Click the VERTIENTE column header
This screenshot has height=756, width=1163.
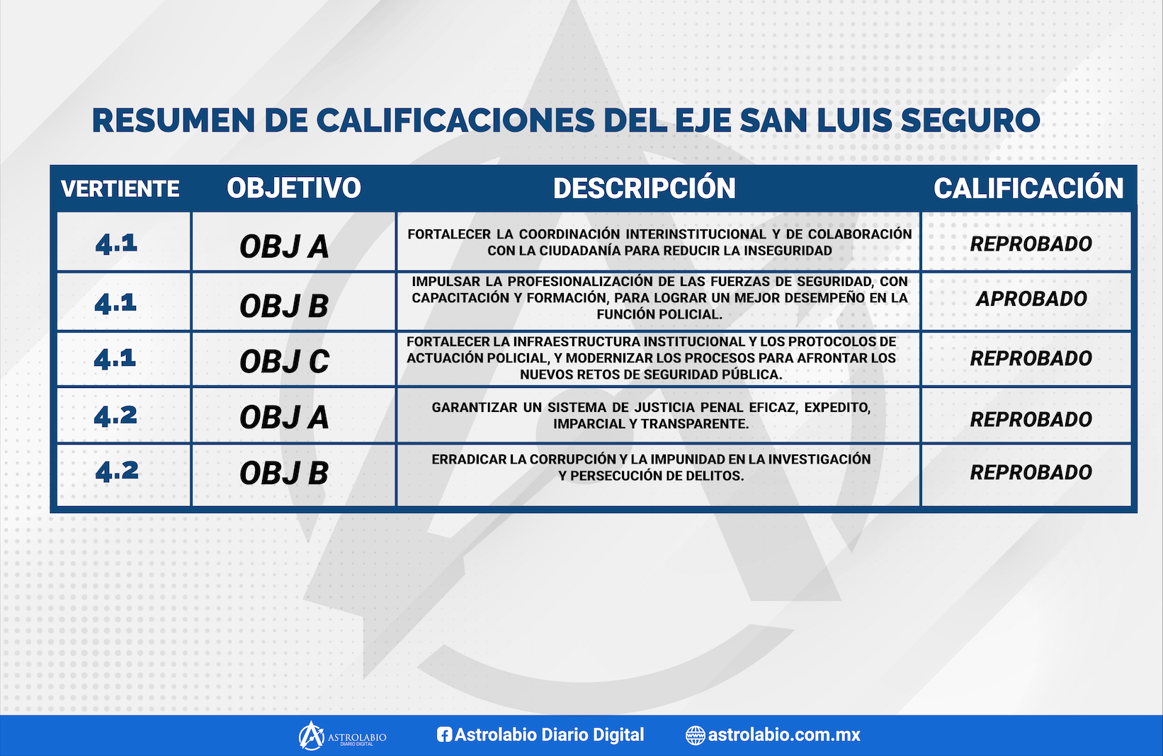(120, 189)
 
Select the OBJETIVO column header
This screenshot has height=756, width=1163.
(294, 188)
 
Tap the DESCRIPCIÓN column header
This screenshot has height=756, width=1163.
(645, 188)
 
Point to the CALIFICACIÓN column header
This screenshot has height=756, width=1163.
(1028, 188)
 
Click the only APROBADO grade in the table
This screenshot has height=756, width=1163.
(1031, 299)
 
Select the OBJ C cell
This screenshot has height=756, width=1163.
(284, 361)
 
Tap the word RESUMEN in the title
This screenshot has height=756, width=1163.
(174, 120)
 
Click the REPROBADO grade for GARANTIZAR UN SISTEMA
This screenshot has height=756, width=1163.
(1031, 419)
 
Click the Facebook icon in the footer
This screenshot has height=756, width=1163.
(444, 734)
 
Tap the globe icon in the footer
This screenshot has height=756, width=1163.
(696, 735)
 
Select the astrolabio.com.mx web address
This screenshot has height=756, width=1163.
(784, 735)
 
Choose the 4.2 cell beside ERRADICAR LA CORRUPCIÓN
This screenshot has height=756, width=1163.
(117, 471)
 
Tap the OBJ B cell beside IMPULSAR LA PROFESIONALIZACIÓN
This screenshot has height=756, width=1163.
(284, 306)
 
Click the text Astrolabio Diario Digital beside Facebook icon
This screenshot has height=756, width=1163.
(550, 735)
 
